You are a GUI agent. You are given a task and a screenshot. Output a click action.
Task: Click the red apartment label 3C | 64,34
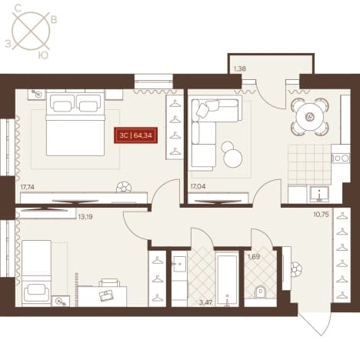click(x=135, y=135)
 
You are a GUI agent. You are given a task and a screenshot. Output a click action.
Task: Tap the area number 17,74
click(x=28, y=188)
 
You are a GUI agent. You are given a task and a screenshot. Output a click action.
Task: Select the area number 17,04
click(x=198, y=186)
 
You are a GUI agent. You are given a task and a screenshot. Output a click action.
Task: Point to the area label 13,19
click(x=85, y=217)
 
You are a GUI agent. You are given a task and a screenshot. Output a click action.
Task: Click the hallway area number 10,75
click(x=321, y=215)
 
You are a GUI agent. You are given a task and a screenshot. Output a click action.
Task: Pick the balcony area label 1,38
click(x=240, y=68)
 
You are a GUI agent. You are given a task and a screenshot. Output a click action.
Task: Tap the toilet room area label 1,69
click(x=254, y=256)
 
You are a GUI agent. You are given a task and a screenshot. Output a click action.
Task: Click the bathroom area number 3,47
click(x=205, y=302)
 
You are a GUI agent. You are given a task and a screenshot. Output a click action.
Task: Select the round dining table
click(x=309, y=117)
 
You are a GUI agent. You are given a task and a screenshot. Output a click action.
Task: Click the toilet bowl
click(x=261, y=292)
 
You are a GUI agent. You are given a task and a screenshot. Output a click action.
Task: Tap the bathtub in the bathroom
click(x=227, y=279)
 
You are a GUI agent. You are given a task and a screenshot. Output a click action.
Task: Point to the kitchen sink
click(x=319, y=195)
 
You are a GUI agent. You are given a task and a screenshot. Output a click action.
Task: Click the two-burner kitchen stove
click(x=341, y=158)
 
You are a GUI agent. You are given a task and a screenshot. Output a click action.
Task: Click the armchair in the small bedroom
click(x=36, y=293)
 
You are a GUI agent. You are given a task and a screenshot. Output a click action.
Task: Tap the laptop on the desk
click(x=107, y=295)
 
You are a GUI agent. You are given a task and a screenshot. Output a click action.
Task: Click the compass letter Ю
click(x=43, y=55)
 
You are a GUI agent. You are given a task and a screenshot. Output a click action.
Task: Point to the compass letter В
click(x=54, y=20)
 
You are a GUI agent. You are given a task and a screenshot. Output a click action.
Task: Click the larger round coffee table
click(x=233, y=158)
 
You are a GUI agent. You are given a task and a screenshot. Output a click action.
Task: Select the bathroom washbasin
click(x=179, y=263)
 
